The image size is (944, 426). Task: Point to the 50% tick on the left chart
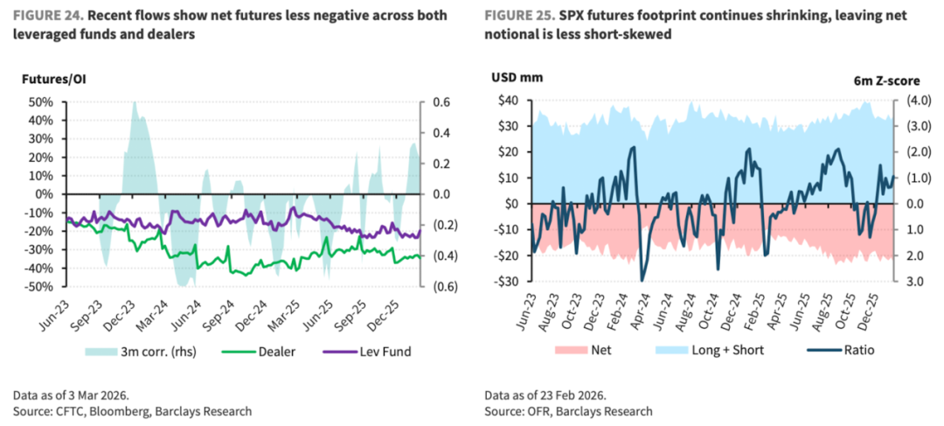pyautogui.click(x=40, y=102)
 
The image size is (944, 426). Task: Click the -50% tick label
pyautogui.click(x=38, y=286)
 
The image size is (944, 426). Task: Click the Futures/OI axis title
pyautogui.click(x=53, y=80)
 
